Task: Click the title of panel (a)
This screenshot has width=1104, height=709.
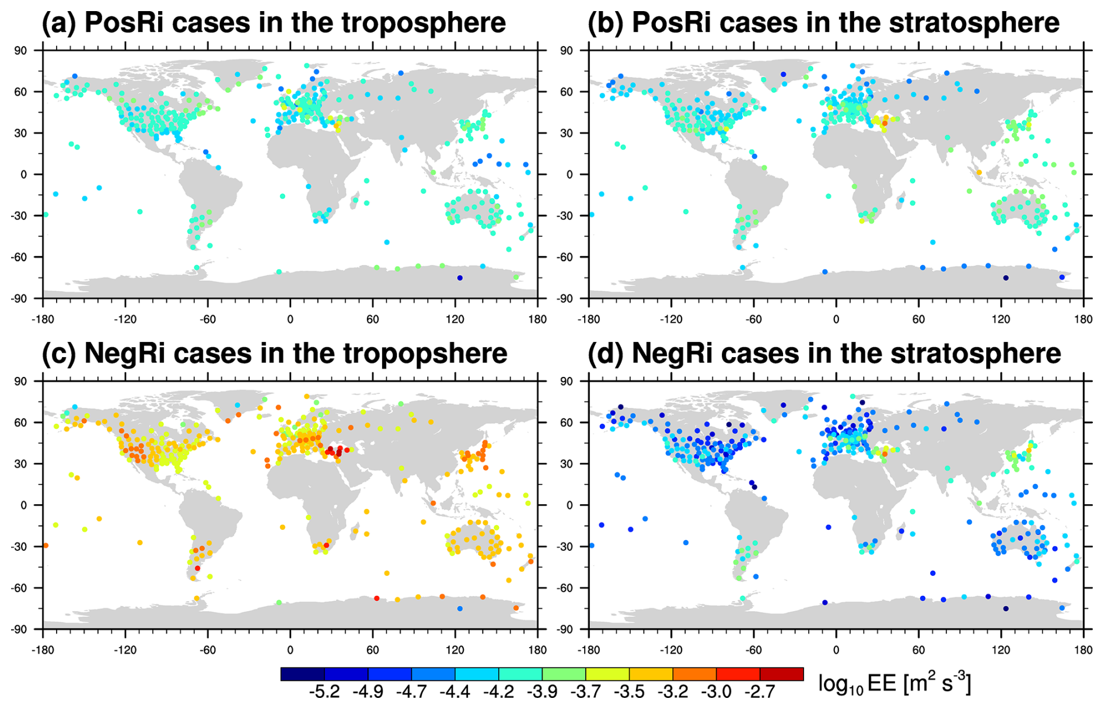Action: click(274, 23)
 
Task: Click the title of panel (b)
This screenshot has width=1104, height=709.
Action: click(823, 23)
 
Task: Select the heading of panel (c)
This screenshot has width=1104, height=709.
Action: click(274, 354)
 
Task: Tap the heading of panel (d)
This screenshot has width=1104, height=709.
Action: click(824, 354)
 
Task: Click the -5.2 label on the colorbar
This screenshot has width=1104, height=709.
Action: click(324, 692)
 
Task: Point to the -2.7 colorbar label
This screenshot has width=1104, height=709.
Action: click(759, 692)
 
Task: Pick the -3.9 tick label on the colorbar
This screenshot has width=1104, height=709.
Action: click(541, 692)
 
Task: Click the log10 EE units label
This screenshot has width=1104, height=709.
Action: click(894, 683)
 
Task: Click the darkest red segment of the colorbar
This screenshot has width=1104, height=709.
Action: click(781, 674)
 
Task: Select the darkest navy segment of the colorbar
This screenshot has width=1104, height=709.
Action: click(302, 674)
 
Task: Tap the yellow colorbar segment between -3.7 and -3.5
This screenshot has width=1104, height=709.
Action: click(607, 674)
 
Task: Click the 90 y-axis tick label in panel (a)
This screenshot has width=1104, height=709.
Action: click(21, 51)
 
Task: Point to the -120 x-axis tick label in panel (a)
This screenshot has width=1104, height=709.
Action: click(125, 319)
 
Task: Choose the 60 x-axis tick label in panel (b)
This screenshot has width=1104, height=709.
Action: click(918, 319)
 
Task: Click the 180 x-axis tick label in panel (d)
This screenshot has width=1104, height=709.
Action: click(1083, 650)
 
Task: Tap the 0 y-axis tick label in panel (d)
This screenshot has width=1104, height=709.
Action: click(570, 505)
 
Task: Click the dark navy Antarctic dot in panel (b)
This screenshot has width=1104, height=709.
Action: click(1006, 278)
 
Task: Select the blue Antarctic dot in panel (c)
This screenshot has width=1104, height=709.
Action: click(460, 609)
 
